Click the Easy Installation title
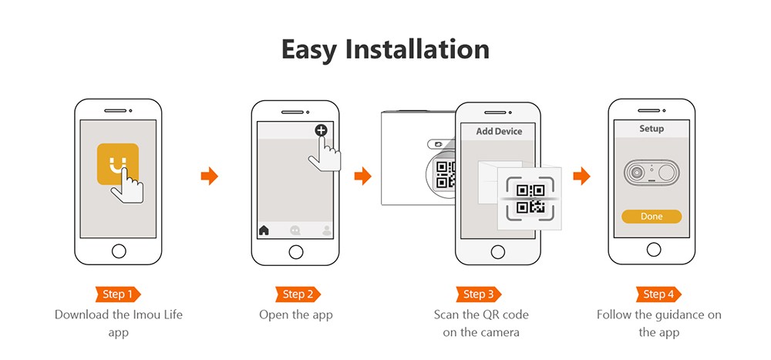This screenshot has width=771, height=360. [x=385, y=49]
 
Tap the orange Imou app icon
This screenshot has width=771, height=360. [x=118, y=164]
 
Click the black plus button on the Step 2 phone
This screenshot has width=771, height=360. [x=321, y=130]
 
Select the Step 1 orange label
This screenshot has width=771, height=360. [x=118, y=294]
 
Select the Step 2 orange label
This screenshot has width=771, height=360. [x=298, y=294]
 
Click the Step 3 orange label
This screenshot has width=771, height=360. [x=478, y=294]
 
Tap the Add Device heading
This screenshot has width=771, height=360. [x=499, y=131]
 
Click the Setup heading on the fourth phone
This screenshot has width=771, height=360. [x=651, y=129]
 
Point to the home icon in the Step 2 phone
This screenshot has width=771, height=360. [x=264, y=230]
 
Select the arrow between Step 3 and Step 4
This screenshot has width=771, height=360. [x=581, y=177]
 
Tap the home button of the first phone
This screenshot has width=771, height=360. [x=118, y=251]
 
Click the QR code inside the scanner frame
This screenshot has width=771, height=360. [x=531, y=198]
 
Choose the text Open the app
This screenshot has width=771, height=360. [x=298, y=315]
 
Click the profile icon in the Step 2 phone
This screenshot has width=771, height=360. [x=327, y=230]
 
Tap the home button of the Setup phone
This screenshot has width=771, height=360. [x=652, y=249]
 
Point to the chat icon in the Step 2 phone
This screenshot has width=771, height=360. [x=295, y=230]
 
